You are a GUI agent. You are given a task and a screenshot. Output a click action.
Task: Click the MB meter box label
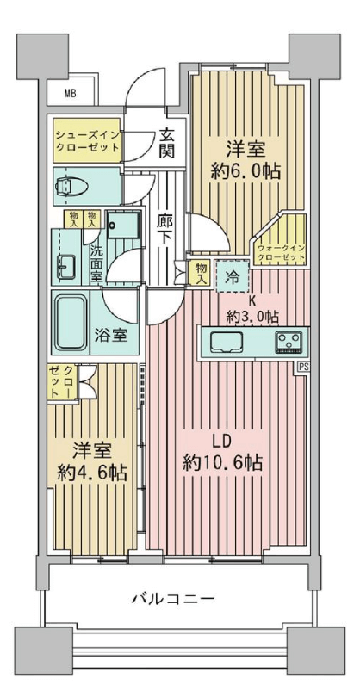point(70,93)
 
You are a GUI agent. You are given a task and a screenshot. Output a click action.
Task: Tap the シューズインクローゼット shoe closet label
point(87,140)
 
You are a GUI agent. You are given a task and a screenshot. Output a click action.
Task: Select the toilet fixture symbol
point(72,186)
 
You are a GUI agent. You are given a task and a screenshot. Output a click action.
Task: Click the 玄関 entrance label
point(166,144)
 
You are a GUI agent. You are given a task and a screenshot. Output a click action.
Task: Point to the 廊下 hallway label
point(164,228)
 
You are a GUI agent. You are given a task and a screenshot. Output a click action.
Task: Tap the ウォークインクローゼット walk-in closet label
point(281,253)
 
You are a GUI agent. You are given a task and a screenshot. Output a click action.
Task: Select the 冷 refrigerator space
point(232,276)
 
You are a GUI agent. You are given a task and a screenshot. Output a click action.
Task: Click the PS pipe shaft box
point(303,367)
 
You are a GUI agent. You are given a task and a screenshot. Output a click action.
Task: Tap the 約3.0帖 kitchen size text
point(252,316)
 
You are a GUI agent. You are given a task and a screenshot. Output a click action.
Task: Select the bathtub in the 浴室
point(71,322)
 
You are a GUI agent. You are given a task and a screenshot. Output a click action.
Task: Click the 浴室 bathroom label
point(111,336)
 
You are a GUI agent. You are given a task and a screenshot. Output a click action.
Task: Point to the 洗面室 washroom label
point(96,263)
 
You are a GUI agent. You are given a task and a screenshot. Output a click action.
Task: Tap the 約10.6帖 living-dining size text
point(222,463)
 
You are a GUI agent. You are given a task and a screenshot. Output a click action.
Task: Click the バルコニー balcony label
point(174,599)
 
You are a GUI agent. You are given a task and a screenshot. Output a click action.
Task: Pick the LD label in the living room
point(222,441)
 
